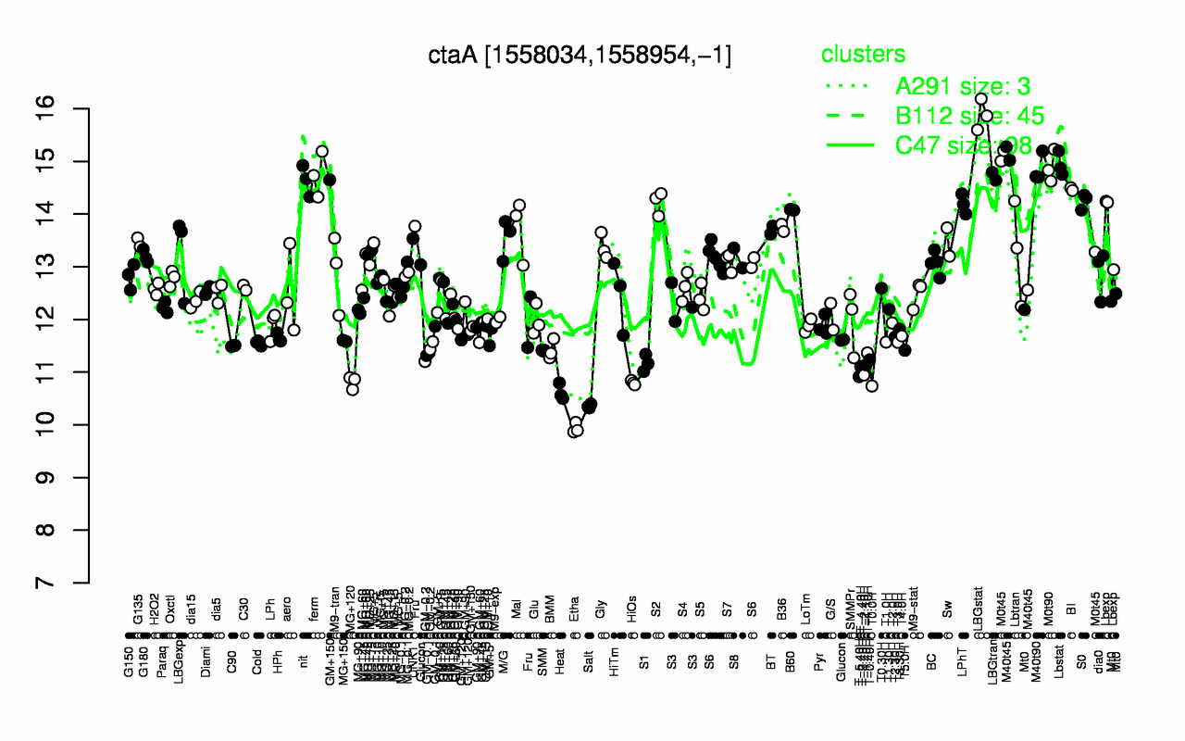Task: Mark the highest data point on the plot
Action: click(x=981, y=98)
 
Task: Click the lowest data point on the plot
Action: click(x=573, y=432)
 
